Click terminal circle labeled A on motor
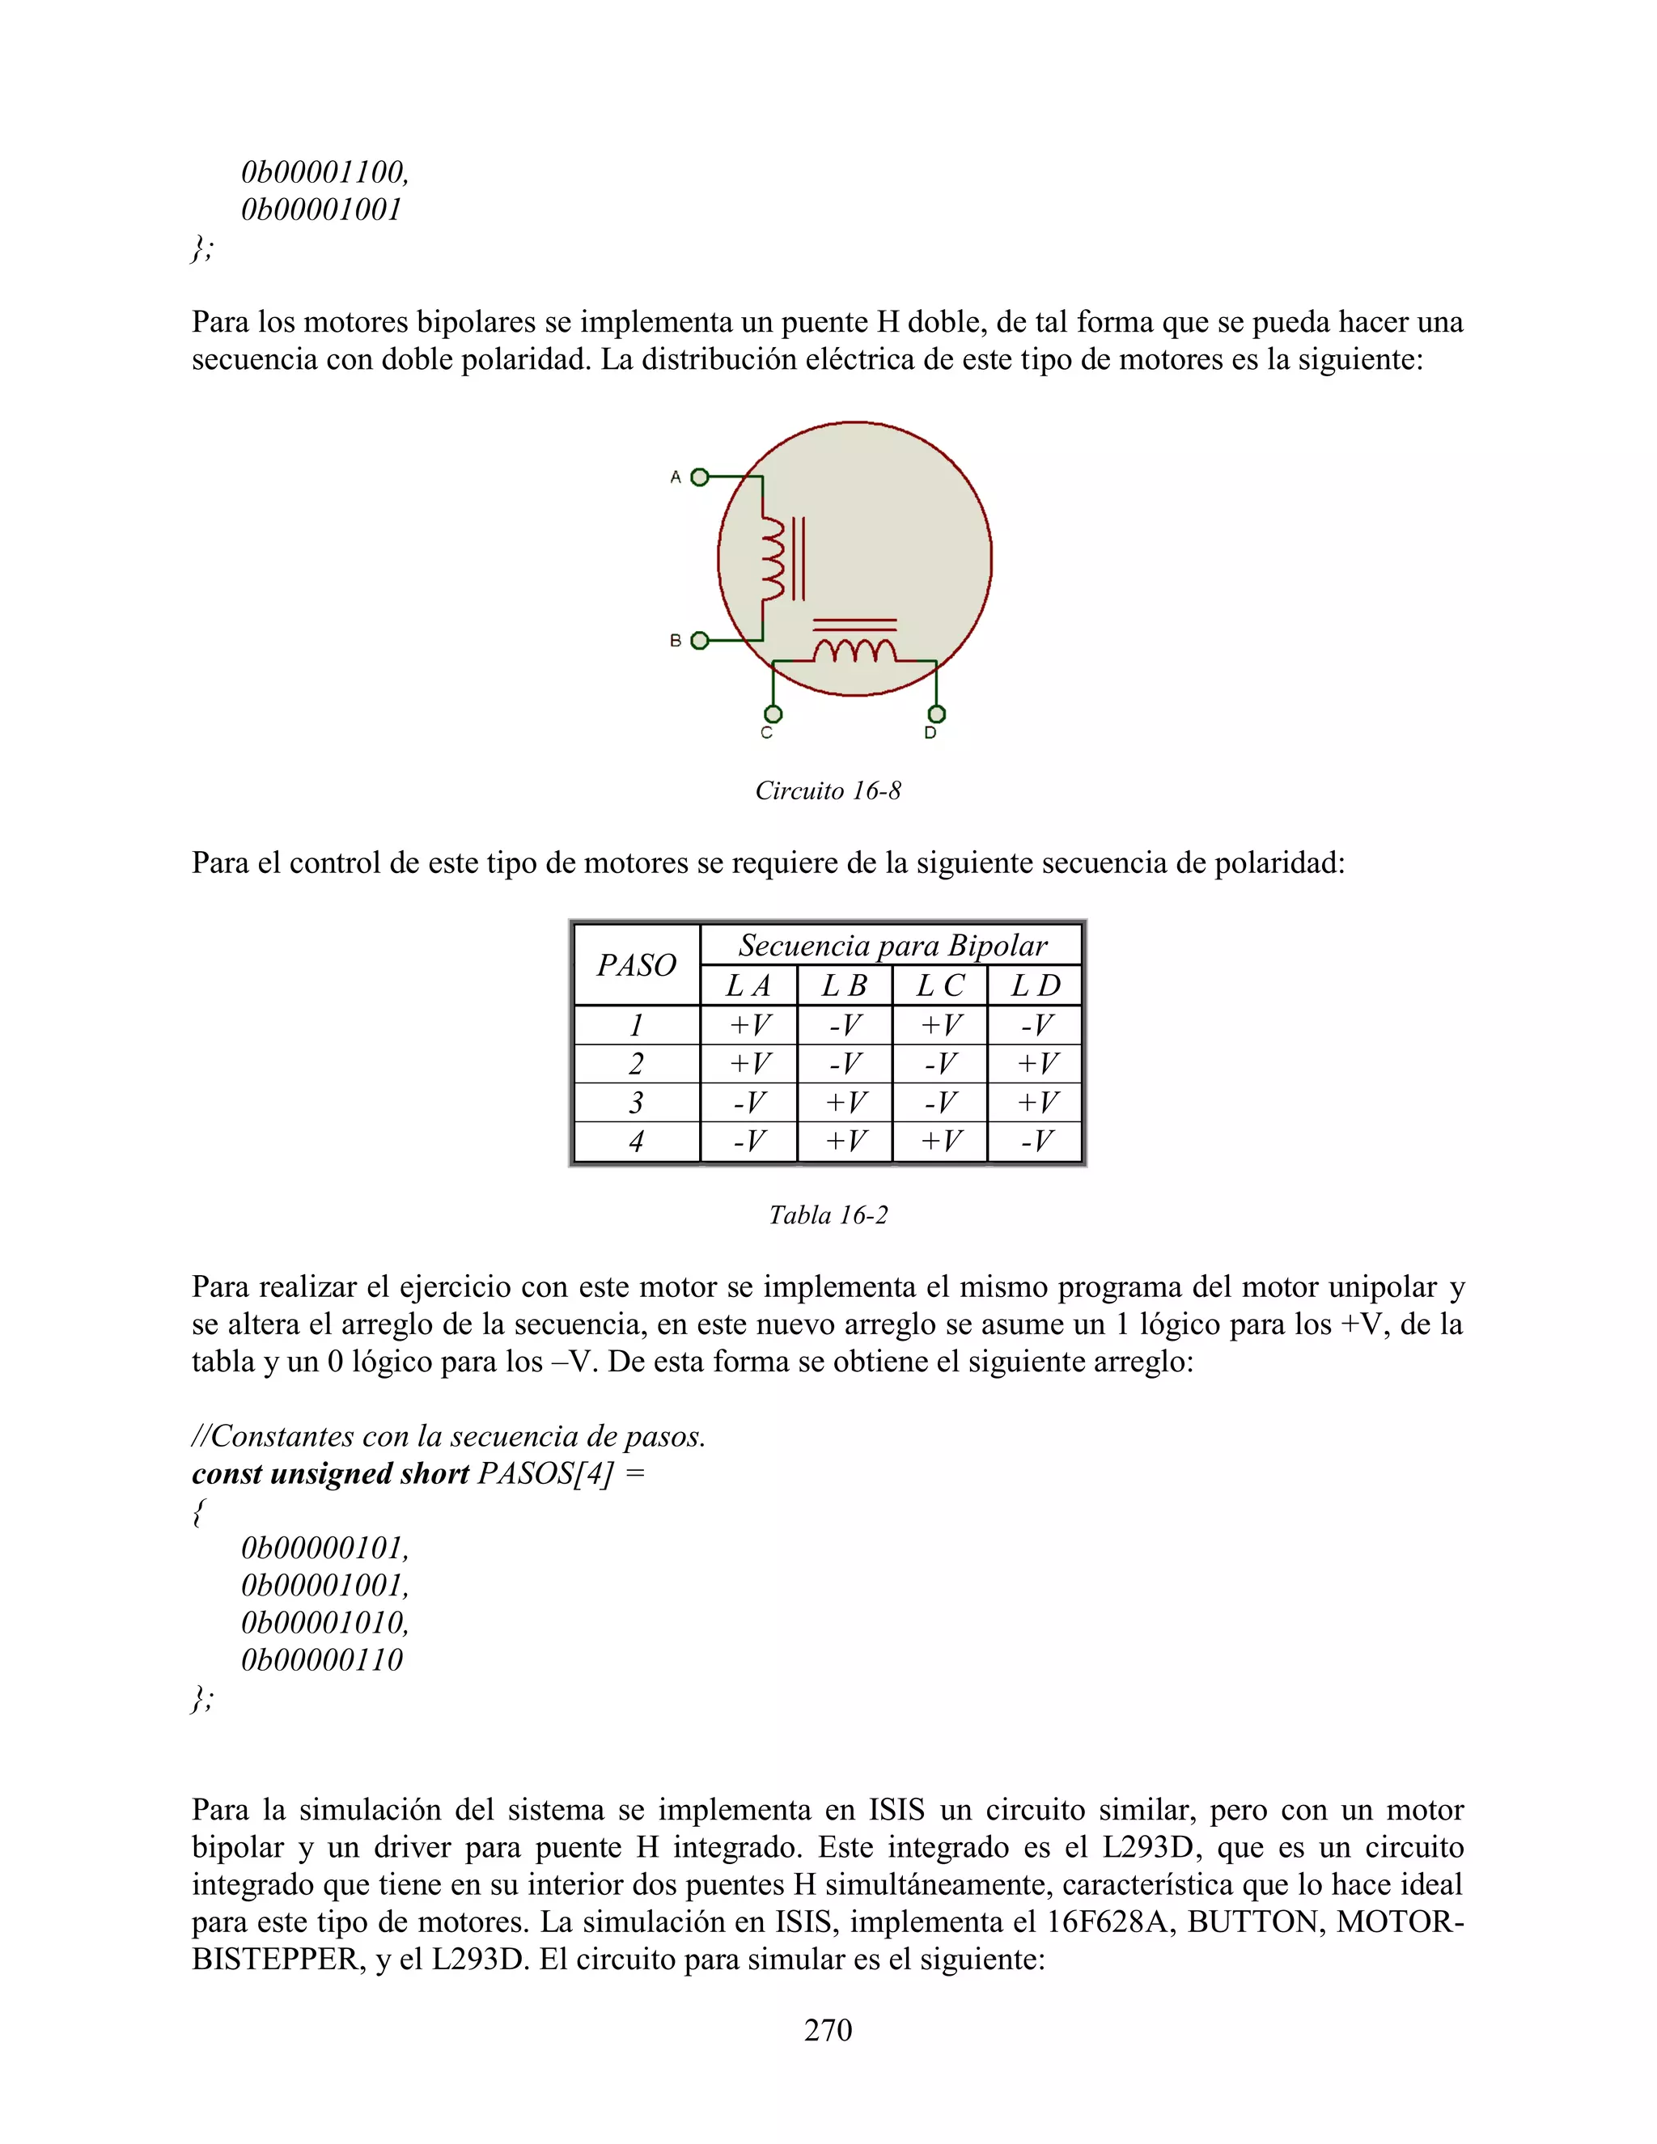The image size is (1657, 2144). pyautogui.click(x=699, y=477)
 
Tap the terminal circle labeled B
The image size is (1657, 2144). pyautogui.click(x=699, y=641)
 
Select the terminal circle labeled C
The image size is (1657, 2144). pyautogui.click(x=773, y=714)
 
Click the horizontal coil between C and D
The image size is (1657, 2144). pyautogui.click(x=854, y=650)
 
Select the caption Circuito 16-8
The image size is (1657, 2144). pyautogui.click(x=828, y=791)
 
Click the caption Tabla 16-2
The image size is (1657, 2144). pyautogui.click(x=828, y=1215)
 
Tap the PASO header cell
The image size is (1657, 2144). pyautogui.click(x=636, y=965)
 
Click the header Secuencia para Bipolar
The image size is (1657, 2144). pyautogui.click(x=892, y=945)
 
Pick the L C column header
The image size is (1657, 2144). pyautogui.click(x=939, y=985)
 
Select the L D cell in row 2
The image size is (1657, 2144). pyautogui.click(x=1036, y=1064)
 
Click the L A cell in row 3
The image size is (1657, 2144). pyautogui.click(x=748, y=1103)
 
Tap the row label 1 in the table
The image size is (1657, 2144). pyautogui.click(x=636, y=1026)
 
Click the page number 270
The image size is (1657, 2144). pyautogui.click(x=828, y=2029)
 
